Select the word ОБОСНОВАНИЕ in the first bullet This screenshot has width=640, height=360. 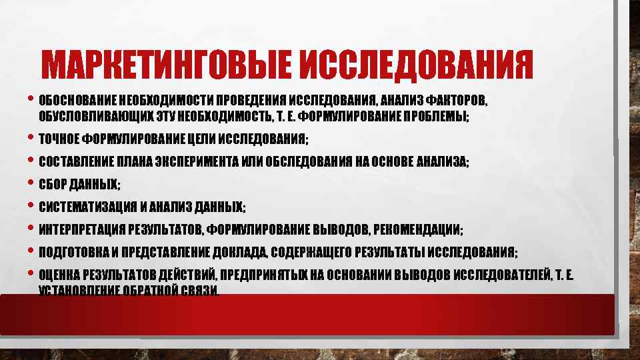pyautogui.click(x=78, y=101)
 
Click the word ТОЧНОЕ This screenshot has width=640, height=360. pyautogui.click(x=58, y=139)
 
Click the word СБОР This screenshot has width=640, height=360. pyautogui.click(x=52, y=185)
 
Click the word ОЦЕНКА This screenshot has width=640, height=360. pyautogui.click(x=59, y=275)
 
